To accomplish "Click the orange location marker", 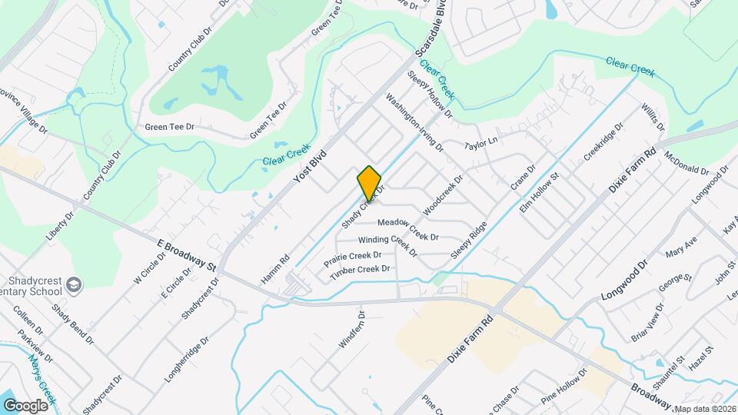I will tap(369, 183).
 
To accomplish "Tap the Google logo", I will tap(25, 405).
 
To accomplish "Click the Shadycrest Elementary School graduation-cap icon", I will tap(74, 285).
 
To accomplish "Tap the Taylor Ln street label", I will tap(482, 143).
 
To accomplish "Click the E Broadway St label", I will tap(188, 254).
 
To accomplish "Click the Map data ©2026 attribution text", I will tap(705, 409).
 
